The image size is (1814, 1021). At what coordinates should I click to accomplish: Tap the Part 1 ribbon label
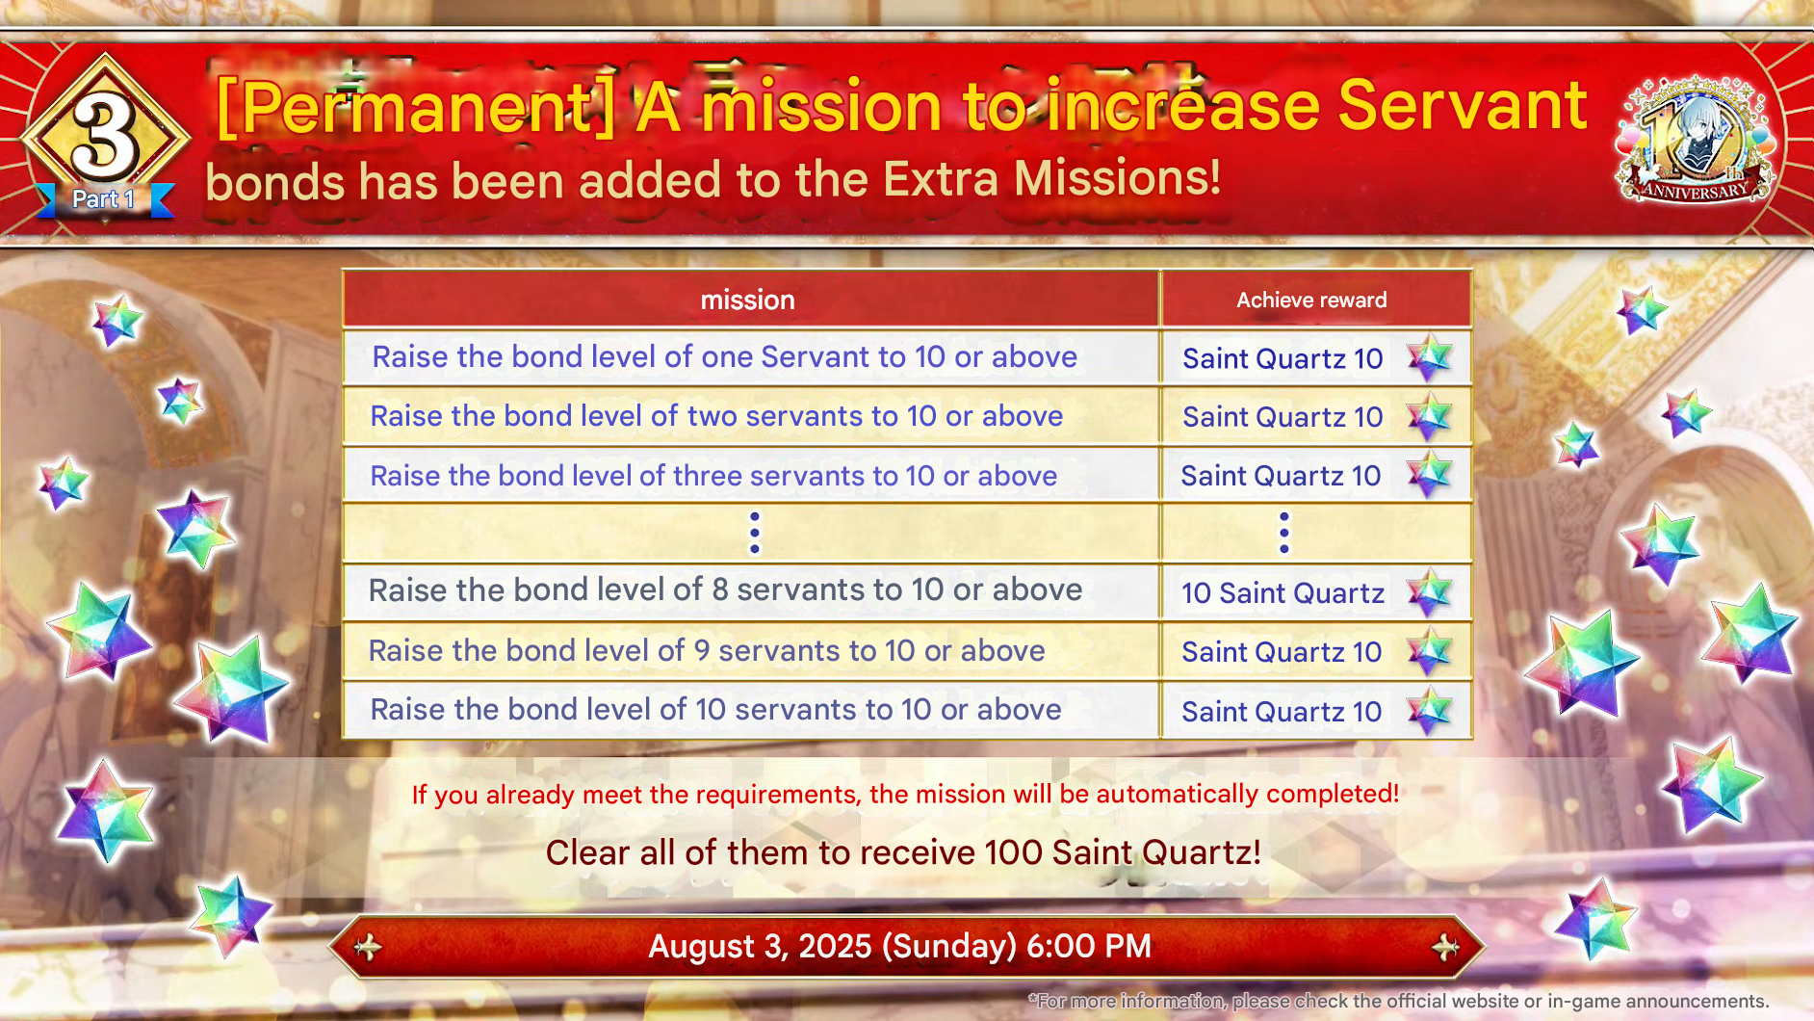(104, 199)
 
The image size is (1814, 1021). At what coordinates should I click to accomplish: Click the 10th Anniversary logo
(1697, 141)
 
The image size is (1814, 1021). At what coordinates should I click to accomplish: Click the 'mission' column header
(748, 300)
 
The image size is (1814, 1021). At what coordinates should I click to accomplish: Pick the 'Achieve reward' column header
(1311, 300)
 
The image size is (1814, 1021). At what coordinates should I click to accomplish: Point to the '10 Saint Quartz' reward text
(1283, 593)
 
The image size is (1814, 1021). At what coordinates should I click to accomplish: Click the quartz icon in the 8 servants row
(1430, 592)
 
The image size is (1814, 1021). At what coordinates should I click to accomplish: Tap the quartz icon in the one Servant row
(1430, 358)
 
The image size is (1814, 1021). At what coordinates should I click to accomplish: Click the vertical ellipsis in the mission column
(754, 533)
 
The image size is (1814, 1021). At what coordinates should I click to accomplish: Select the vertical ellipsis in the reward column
(1283, 533)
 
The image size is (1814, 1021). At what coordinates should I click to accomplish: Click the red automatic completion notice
(905, 795)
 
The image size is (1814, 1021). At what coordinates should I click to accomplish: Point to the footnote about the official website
(1398, 1002)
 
